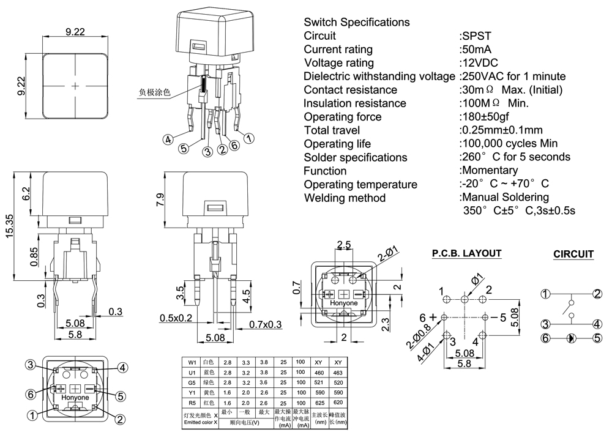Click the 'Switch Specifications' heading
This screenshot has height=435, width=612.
pyautogui.click(x=357, y=23)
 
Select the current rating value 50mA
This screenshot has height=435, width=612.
pyautogui.click(x=477, y=50)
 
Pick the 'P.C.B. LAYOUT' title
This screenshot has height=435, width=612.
pyautogui.click(x=466, y=253)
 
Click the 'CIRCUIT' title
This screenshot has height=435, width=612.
pyautogui.click(x=573, y=255)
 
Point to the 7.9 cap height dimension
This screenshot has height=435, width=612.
pyautogui.click(x=161, y=199)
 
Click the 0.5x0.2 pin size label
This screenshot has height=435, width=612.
pyautogui.click(x=176, y=318)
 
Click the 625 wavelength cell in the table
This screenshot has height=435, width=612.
pyautogui.click(x=319, y=404)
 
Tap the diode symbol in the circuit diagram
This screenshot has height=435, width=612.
pyautogui.click(x=571, y=338)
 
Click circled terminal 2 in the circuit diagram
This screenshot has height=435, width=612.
pyautogui.click(x=596, y=294)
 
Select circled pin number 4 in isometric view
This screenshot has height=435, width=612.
pyautogui.click(x=166, y=139)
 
